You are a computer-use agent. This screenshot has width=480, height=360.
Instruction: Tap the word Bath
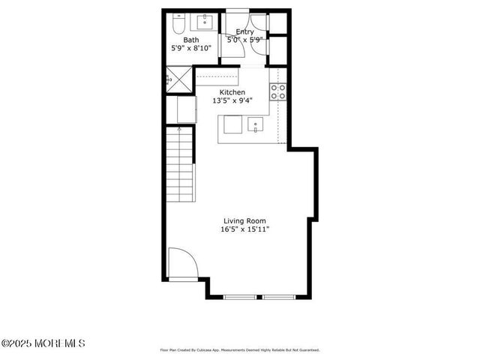(191, 40)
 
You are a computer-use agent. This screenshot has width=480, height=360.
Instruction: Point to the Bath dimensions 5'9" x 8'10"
(191, 48)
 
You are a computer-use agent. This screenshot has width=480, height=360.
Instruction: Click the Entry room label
(244, 31)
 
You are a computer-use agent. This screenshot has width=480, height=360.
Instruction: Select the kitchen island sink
(256, 125)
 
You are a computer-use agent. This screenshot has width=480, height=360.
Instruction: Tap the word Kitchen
(232, 91)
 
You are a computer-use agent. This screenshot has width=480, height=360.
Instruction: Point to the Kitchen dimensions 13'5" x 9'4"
(232, 100)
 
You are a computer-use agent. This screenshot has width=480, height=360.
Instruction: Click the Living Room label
(244, 220)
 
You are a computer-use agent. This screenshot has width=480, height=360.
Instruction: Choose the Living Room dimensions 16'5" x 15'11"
(244, 229)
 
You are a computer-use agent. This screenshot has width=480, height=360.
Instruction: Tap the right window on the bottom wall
(279, 297)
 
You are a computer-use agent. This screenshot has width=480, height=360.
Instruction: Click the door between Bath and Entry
(223, 45)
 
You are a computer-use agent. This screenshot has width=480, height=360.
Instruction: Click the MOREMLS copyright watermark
(43, 343)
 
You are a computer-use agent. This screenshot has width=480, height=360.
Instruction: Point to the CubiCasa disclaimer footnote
(240, 349)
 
